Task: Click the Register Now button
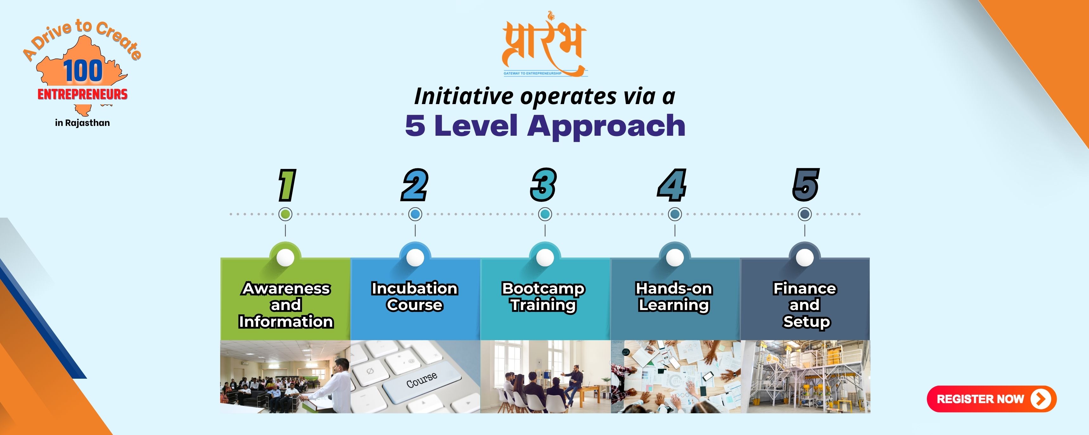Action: pos(991,399)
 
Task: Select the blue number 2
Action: pos(415,185)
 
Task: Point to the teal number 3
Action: pos(544,185)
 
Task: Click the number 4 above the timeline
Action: pos(672,185)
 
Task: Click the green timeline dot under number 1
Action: pos(285,214)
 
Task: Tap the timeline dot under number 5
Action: pos(805,214)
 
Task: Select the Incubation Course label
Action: pos(415,296)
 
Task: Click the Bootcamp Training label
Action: pos(544,296)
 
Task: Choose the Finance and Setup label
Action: pos(805,305)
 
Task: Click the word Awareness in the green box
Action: pos(286,289)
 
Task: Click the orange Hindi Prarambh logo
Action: pos(544,44)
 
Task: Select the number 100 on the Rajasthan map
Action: pos(83,71)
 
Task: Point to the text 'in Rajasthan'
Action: pos(82,123)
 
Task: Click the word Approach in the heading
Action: pos(606,126)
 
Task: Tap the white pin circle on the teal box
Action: pos(545,257)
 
